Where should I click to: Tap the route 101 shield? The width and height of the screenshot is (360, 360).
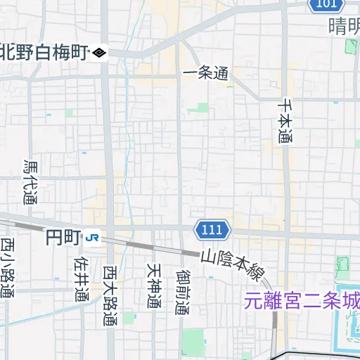[325, 5]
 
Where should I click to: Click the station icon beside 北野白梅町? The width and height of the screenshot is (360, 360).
[99, 52]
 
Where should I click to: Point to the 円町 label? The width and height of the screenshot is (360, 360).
[63, 238]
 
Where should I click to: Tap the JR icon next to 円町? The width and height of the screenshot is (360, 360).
[93, 238]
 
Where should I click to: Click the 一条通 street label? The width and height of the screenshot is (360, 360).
[205, 72]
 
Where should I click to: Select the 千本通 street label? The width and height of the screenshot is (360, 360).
[285, 120]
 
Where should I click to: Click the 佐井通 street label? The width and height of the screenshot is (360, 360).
[80, 278]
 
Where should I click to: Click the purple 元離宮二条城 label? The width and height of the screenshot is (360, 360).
[302, 301]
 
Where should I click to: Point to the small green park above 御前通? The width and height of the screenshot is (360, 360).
[203, 108]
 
